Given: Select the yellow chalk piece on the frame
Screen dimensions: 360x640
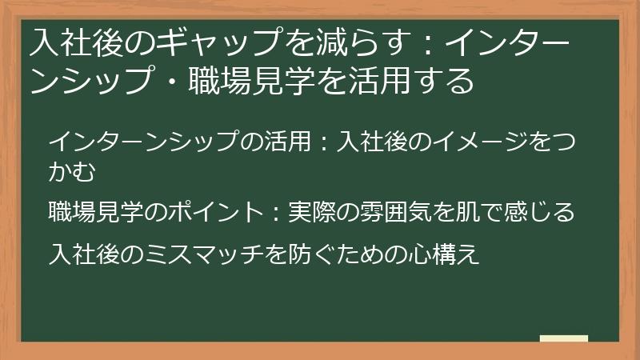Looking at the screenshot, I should tap(564, 338).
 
